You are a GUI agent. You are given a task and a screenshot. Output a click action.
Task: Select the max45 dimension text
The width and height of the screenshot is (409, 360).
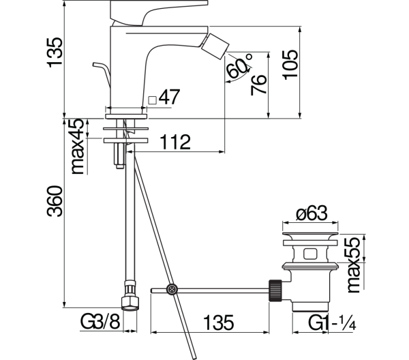78,146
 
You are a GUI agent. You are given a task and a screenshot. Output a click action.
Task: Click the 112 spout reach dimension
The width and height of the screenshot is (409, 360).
175,142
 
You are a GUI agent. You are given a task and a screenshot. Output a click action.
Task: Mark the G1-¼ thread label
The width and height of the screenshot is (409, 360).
333,322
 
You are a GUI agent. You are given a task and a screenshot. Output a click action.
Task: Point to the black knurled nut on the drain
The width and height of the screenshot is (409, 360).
275,290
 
